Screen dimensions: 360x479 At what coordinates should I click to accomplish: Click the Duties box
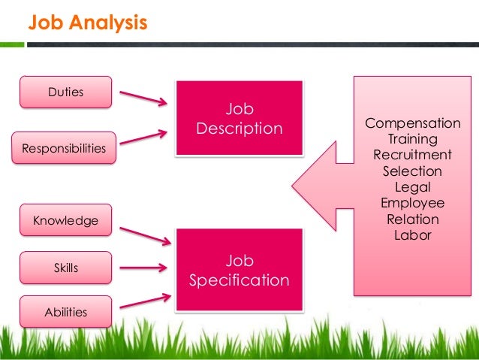[x=66, y=92]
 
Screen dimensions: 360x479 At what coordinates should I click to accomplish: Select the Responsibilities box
[x=64, y=148]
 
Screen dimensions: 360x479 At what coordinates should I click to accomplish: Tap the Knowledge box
[x=66, y=221]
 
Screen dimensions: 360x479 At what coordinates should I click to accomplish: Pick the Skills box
[x=66, y=268]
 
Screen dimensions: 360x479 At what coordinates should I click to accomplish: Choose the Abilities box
[x=66, y=312]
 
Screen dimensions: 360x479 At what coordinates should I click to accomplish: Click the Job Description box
[x=239, y=119]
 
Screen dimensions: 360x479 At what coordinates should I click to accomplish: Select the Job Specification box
[x=239, y=271]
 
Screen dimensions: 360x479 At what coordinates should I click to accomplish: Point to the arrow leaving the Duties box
[x=143, y=98]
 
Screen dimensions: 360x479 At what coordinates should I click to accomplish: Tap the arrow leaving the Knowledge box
[x=145, y=234]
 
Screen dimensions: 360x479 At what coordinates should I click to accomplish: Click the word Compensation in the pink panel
[x=412, y=123]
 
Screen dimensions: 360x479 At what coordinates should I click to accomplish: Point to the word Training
[x=412, y=139]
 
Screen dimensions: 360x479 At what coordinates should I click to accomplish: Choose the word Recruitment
[x=412, y=155]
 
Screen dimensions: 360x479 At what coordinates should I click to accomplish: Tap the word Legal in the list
[x=412, y=187]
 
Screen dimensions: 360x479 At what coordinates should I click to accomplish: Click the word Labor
[x=412, y=235]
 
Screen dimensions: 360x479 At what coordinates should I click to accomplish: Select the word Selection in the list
[x=412, y=171]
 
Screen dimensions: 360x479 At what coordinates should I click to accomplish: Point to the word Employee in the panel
[x=412, y=204]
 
